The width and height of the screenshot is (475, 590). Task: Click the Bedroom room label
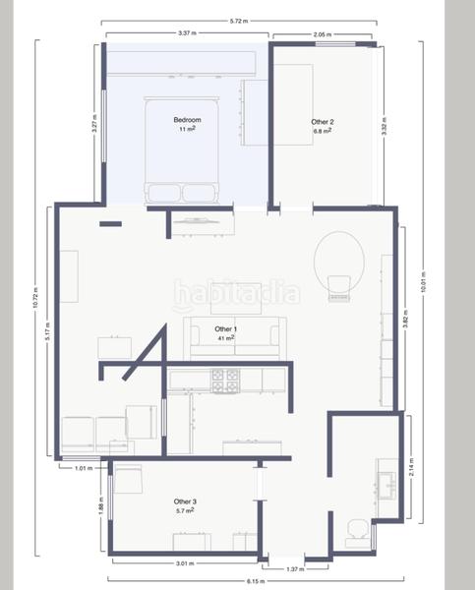point(189,119)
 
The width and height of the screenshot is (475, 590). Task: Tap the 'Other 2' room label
point(322,121)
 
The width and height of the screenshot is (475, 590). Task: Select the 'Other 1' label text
point(225,328)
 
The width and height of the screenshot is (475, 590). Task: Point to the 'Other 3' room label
point(185,501)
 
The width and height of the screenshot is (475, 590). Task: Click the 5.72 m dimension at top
point(237,20)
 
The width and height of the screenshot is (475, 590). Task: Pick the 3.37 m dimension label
point(187,33)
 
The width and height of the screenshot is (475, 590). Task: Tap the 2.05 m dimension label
point(322,33)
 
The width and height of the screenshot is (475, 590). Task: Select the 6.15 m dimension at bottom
point(254,581)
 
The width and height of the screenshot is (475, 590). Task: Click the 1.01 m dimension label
point(83,468)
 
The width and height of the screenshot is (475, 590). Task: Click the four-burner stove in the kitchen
point(225,380)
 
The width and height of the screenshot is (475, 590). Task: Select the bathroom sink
point(386,484)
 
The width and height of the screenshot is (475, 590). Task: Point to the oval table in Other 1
point(338,258)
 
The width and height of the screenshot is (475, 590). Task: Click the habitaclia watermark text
point(236,294)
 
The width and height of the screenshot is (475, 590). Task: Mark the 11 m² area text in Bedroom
point(187,129)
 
